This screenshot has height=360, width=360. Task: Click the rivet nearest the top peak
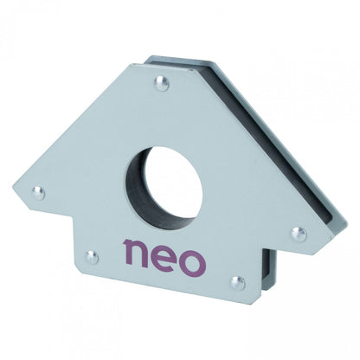pos(160,84)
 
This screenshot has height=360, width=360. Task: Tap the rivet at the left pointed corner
pos(37,192)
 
